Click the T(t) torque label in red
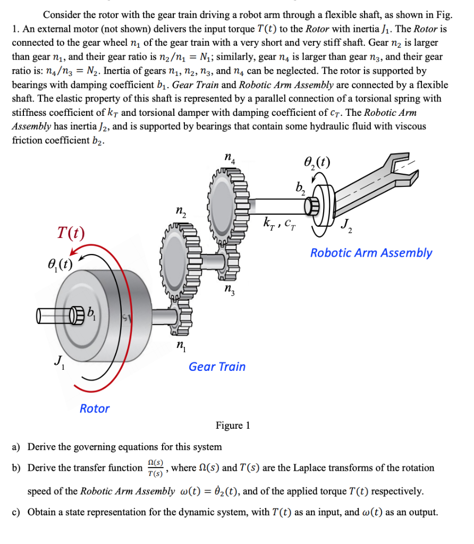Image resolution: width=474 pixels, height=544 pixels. (71, 233)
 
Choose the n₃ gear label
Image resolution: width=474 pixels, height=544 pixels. (228, 290)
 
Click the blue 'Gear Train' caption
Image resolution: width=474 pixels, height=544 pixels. (217, 367)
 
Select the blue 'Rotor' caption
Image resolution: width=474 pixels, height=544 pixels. (95, 409)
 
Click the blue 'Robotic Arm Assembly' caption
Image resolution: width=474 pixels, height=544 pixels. (371, 253)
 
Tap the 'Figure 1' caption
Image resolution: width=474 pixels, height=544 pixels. (232, 426)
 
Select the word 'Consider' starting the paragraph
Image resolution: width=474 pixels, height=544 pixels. (61, 15)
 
